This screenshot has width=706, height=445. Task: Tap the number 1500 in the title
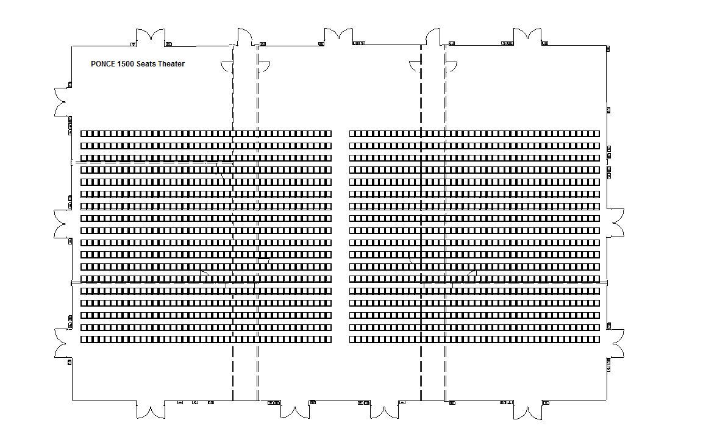click(x=126, y=64)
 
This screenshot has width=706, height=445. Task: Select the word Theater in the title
click(x=171, y=64)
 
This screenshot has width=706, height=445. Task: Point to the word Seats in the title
click(x=146, y=64)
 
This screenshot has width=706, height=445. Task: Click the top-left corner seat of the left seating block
click(x=84, y=133)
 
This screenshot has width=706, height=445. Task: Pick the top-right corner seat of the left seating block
click(x=329, y=133)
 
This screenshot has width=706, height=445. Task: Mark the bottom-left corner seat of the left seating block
click(x=84, y=340)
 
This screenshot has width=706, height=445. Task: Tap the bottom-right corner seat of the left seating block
click(x=329, y=340)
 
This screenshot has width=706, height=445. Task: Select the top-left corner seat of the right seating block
click(x=353, y=133)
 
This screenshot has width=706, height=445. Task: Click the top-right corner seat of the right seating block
click(x=596, y=133)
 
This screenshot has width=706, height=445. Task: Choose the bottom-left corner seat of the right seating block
click(x=353, y=340)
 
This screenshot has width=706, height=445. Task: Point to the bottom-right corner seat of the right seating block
click(x=596, y=340)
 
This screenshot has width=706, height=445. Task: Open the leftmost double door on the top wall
click(x=150, y=37)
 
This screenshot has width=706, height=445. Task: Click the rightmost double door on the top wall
click(x=527, y=37)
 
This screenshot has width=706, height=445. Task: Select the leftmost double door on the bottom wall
click(x=150, y=410)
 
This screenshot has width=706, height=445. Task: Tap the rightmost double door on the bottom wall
click(x=527, y=411)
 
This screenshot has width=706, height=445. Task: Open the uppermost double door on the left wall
click(x=63, y=101)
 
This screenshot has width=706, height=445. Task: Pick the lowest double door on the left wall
click(x=63, y=343)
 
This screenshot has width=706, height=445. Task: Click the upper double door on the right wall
click(x=616, y=222)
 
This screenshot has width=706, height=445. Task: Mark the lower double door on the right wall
click(x=616, y=344)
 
